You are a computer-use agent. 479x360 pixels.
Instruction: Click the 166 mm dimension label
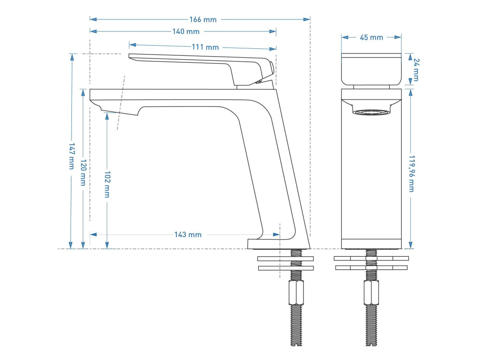[203, 20]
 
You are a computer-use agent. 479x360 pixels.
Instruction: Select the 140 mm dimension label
[186, 31]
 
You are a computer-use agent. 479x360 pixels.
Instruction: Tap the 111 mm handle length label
[205, 47]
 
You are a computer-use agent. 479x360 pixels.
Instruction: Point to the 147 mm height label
[71, 156]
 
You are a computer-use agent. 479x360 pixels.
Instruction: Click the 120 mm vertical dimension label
[83, 172]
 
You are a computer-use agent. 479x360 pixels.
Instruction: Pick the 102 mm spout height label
[107, 184]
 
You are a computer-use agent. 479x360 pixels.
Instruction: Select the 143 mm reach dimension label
[188, 234]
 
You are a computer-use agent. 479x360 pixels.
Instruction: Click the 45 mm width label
[371, 37]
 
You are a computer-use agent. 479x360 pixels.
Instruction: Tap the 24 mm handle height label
[416, 70]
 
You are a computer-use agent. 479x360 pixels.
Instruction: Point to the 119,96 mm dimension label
[412, 174]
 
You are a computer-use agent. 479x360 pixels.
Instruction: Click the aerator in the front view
[371, 112]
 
